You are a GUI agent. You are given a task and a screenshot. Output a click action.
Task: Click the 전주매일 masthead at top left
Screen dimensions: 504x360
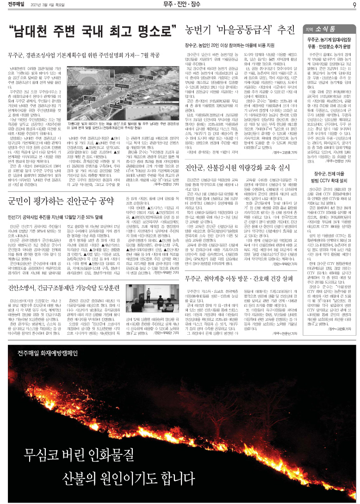pos(16,5)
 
